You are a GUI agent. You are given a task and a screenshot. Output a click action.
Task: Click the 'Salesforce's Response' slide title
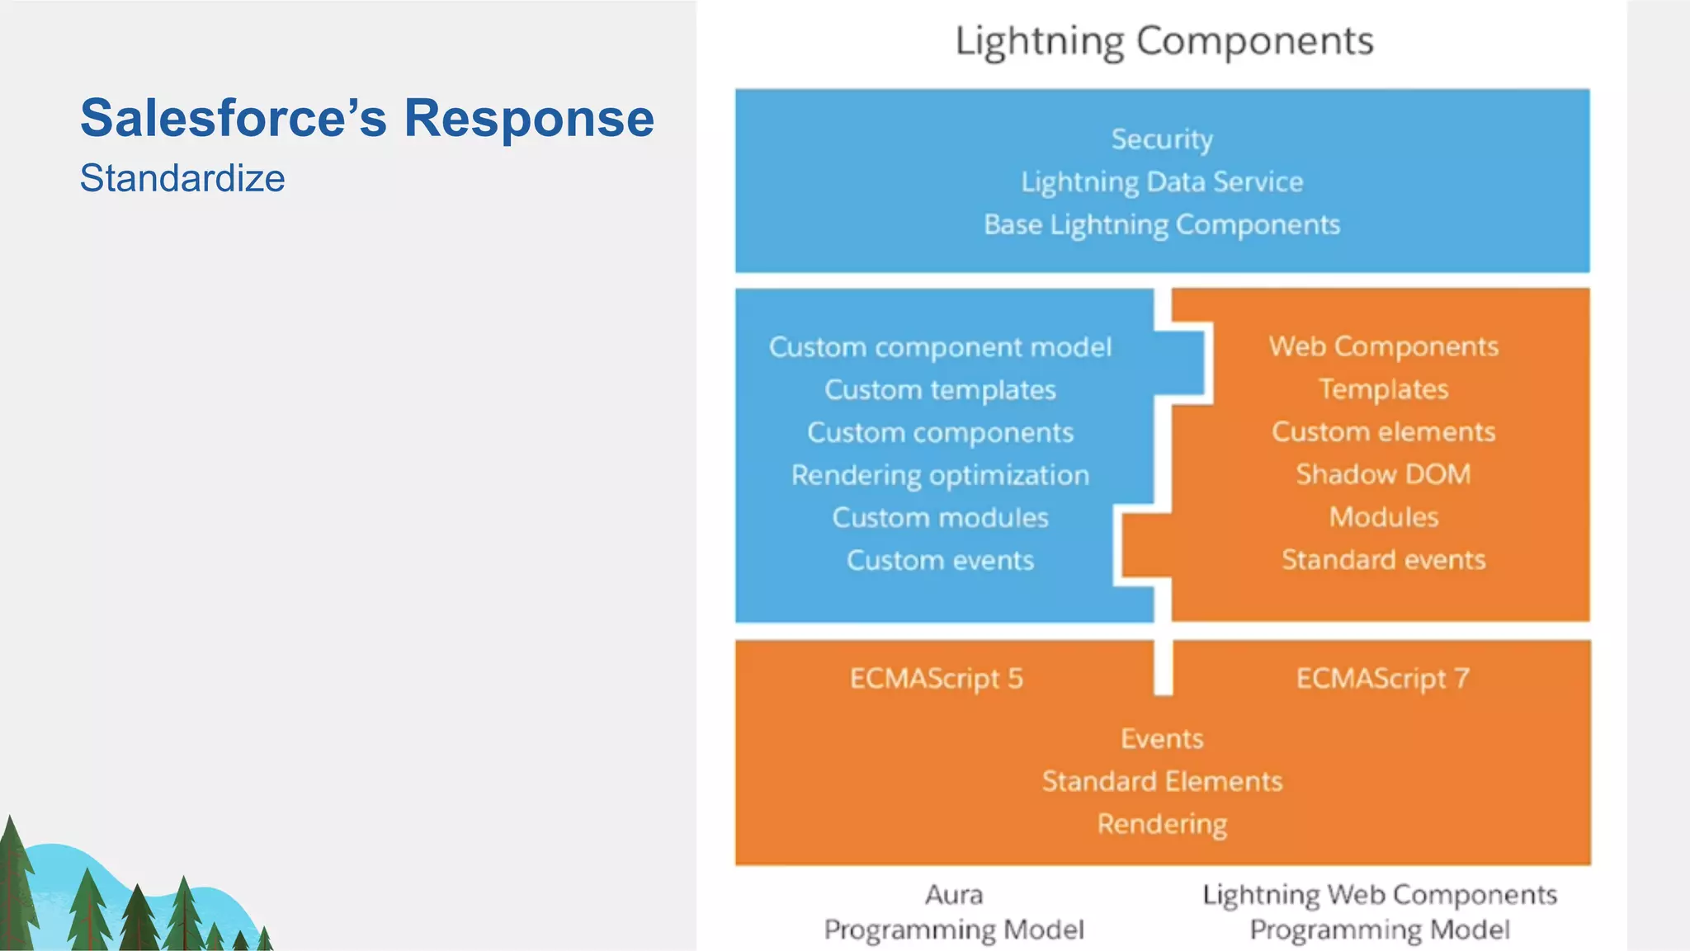tap(366, 118)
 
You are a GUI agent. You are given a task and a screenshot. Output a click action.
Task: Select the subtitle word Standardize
tap(182, 178)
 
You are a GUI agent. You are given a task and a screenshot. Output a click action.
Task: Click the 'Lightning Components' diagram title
tap(1164, 41)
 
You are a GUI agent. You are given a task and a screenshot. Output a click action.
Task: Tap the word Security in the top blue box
tap(1162, 139)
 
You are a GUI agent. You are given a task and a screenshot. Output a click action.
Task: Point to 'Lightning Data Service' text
tap(1162, 181)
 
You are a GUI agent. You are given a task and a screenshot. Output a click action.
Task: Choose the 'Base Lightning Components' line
tap(1162, 224)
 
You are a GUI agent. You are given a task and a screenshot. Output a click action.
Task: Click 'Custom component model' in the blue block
tap(940, 347)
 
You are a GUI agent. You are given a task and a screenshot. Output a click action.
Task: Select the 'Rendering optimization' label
tap(940, 475)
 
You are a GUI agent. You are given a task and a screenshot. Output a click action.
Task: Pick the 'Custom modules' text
tap(940, 518)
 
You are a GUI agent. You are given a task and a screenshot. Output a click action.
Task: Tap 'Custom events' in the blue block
tap(940, 561)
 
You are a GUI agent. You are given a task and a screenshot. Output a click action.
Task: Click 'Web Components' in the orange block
tap(1383, 346)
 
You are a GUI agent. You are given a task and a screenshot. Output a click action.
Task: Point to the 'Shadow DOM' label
tap(1383, 474)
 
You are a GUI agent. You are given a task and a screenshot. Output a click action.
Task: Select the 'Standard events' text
tap(1383, 560)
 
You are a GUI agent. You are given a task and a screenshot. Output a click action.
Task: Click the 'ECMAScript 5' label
tap(936, 679)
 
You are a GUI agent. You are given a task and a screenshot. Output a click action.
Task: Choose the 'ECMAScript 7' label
tap(1382, 679)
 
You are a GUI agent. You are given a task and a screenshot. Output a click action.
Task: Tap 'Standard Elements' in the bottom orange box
tap(1162, 781)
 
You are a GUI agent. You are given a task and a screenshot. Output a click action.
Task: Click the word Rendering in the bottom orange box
tap(1162, 824)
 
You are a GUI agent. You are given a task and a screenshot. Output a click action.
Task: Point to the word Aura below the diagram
tap(954, 895)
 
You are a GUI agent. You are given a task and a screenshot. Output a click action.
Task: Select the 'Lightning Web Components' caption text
tap(1379, 895)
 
